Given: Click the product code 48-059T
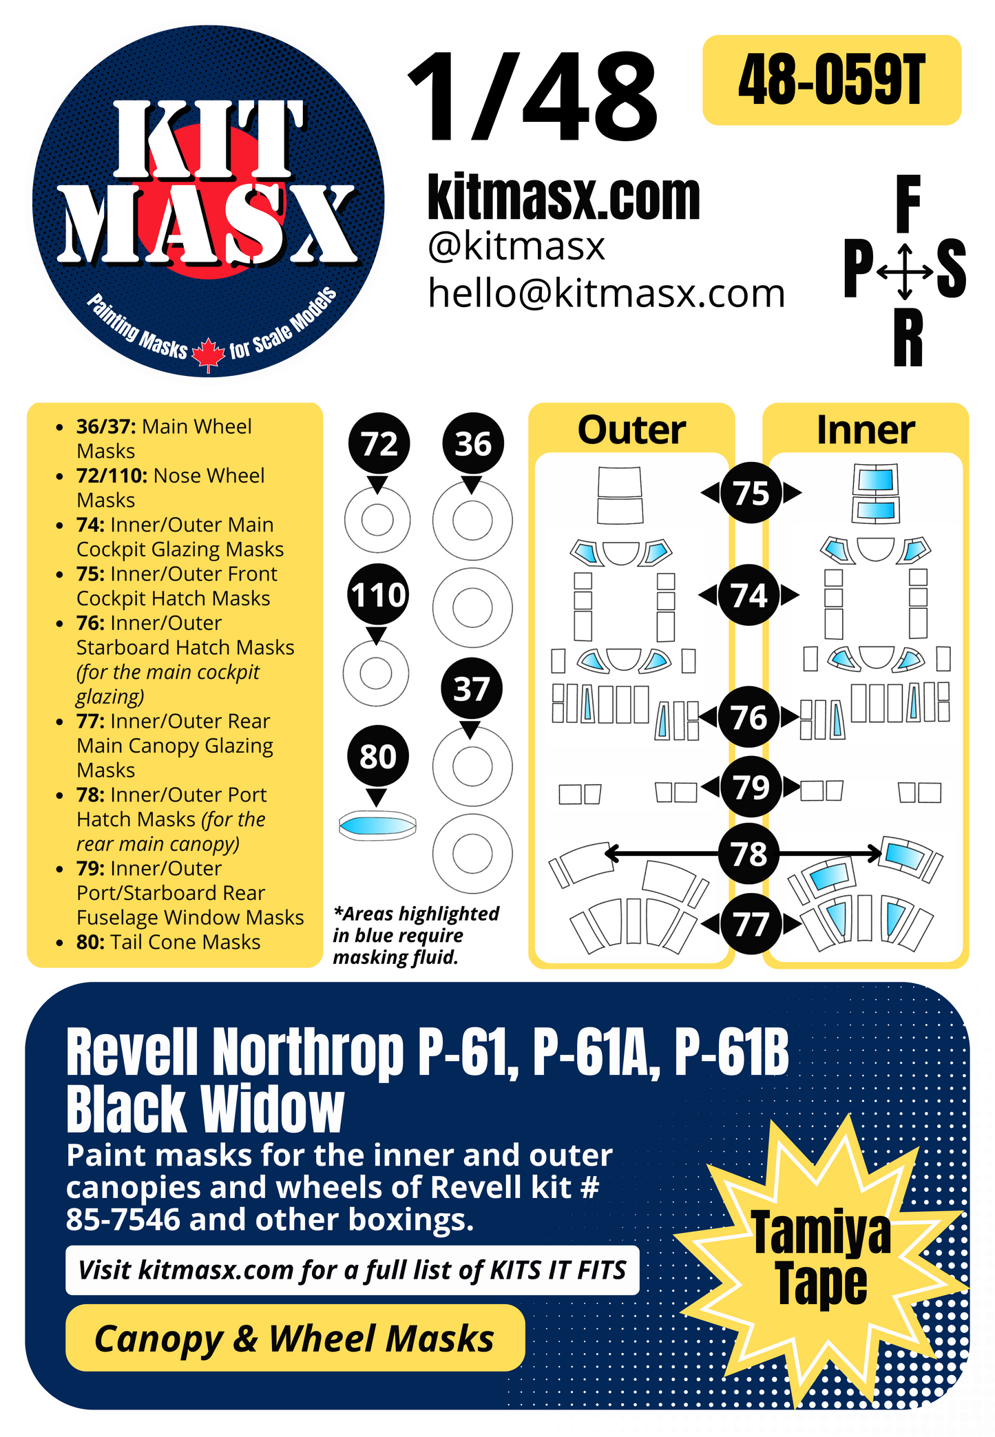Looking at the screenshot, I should [x=831, y=81].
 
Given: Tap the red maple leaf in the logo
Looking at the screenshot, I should [x=208, y=355].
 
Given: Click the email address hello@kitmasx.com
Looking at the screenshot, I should [x=606, y=293].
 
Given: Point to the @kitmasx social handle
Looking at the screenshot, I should [x=516, y=247].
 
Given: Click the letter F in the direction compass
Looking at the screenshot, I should [x=908, y=204].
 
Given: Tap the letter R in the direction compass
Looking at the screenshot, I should [x=908, y=338].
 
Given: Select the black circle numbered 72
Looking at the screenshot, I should [x=379, y=444].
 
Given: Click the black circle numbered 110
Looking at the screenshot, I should [x=377, y=595].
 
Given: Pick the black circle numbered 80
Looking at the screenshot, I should [x=377, y=757].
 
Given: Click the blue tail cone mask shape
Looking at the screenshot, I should [x=377, y=825].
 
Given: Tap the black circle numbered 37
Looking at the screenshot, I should [x=472, y=689].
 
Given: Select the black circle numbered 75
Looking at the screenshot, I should [x=751, y=493].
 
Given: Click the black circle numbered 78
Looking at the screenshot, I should [x=749, y=854].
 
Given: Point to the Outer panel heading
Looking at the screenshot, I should [x=631, y=430].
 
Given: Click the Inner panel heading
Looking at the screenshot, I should [x=865, y=430].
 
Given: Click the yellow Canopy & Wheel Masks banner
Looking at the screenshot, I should [x=295, y=1339].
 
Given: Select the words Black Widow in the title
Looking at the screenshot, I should [x=205, y=1109].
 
